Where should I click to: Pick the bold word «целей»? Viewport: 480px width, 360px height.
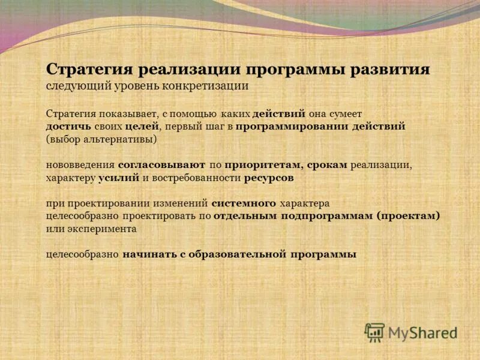pos(142,127)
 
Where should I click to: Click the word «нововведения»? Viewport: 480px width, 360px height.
pos(80,164)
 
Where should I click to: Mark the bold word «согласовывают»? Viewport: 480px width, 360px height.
pos(162,164)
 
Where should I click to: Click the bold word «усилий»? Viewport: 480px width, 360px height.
pos(119,178)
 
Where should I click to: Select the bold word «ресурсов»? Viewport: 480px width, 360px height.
pos(269,178)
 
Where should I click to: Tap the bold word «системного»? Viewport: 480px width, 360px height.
pos(244,203)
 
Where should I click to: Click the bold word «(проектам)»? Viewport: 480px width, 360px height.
pos(409,216)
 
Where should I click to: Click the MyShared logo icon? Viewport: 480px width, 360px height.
pos(374,332)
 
